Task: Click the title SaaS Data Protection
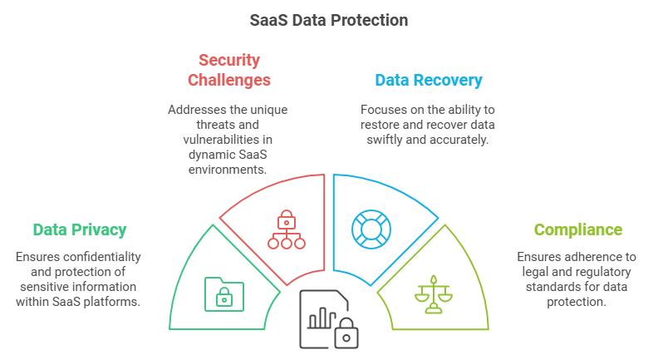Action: tap(329, 21)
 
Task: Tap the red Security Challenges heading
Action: tap(229, 70)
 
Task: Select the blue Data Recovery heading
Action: tap(429, 80)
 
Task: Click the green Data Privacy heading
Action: tap(80, 229)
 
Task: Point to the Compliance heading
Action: tap(578, 229)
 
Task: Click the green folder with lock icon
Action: tap(224, 294)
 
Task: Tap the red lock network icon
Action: tap(287, 229)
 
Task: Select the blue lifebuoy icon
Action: tap(371, 229)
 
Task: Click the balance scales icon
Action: tap(434, 294)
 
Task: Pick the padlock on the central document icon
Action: tap(346, 333)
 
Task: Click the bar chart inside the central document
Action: tap(322, 318)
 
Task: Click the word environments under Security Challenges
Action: tap(228, 170)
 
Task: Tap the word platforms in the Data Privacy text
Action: tap(112, 302)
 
